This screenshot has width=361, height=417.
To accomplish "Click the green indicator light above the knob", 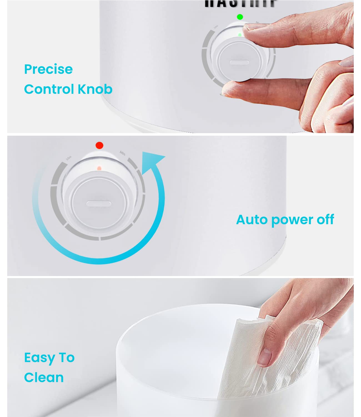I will (240, 17).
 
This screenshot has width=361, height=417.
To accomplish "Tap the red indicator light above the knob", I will (99, 145).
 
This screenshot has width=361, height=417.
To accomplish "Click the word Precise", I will (48, 69).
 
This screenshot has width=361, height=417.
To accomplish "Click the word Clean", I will (44, 378).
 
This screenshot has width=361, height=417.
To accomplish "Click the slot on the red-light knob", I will (99, 204).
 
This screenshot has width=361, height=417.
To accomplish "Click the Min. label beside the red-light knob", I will (123, 153).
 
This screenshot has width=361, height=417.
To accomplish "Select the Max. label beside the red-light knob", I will (69, 158).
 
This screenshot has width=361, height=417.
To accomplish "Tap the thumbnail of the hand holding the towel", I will (265, 358).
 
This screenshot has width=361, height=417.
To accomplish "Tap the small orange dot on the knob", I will (99, 168).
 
